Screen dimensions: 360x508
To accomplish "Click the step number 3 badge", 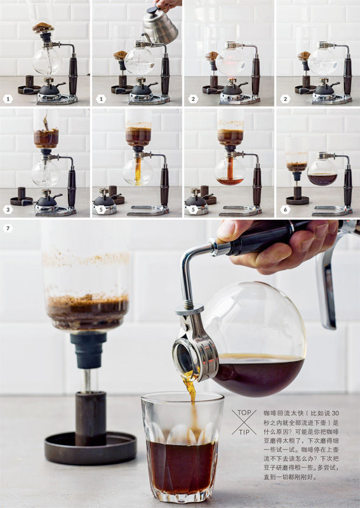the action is click(x=8, y=210).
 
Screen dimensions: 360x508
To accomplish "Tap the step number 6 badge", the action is click(x=285, y=210).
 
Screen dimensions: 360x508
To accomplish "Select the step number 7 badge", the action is click(x=8, y=229).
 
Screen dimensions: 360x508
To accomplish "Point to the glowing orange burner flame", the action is click(x=231, y=80).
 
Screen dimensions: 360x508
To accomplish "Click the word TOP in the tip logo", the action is click(x=244, y=413).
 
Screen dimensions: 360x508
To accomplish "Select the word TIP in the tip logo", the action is click(x=244, y=432).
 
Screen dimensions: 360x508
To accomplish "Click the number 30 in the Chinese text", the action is click(x=335, y=413).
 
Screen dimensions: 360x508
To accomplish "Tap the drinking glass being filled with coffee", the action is click(x=182, y=447).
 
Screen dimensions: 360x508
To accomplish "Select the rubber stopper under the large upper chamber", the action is click(x=88, y=350).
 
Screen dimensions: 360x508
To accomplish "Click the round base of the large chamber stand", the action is click(x=90, y=448).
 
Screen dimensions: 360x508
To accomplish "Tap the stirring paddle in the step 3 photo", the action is click(x=46, y=123).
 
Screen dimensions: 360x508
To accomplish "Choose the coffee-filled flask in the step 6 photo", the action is click(x=322, y=172).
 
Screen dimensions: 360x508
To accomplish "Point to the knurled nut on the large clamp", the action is click(x=190, y=310).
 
